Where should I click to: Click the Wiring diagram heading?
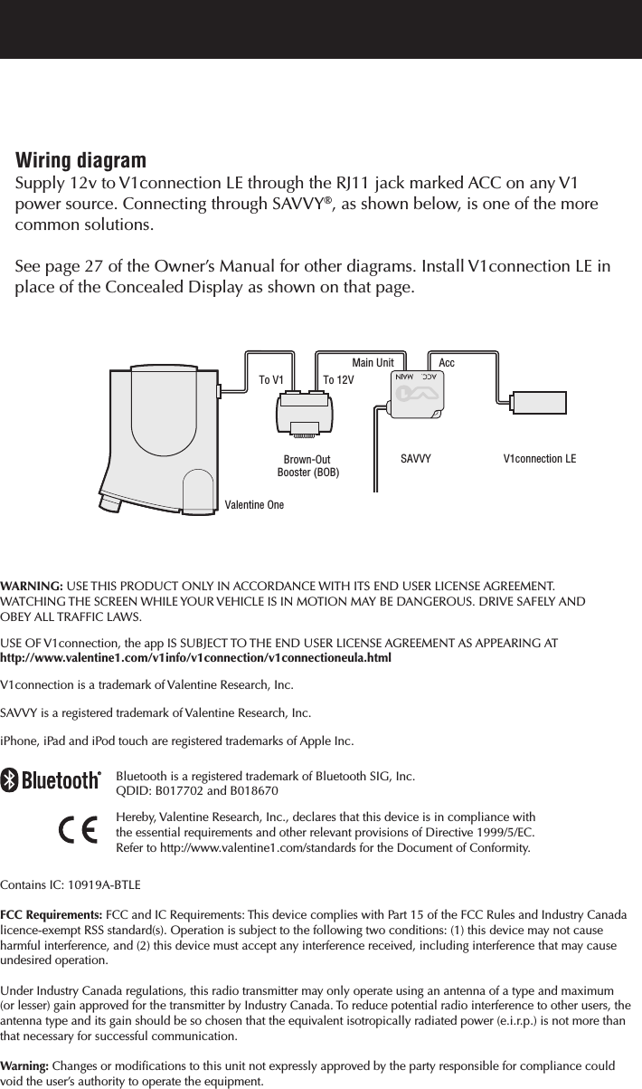tap(80, 161)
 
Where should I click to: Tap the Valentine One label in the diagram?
tap(253, 504)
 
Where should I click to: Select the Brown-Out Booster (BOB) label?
tap(307, 466)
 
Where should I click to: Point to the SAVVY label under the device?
tap(415, 459)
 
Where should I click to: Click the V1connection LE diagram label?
tap(539, 459)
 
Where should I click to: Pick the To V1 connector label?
tap(271, 380)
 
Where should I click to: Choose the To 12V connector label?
tap(338, 380)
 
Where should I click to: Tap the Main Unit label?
tap(373, 363)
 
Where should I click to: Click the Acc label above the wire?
tap(447, 363)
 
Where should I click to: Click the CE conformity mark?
tap(79, 830)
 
